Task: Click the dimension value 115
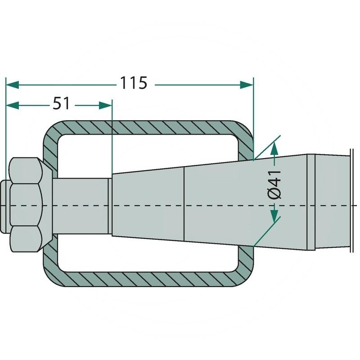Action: (133, 83)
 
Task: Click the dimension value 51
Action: (62, 104)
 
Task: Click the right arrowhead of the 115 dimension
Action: (247, 84)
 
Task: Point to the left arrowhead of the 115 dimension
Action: (12, 84)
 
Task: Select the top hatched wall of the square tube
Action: (148, 127)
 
